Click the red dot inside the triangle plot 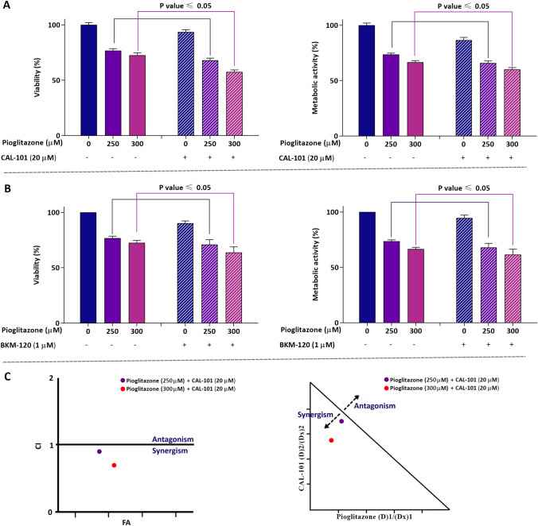coord(331,440)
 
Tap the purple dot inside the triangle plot coord(341,421)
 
